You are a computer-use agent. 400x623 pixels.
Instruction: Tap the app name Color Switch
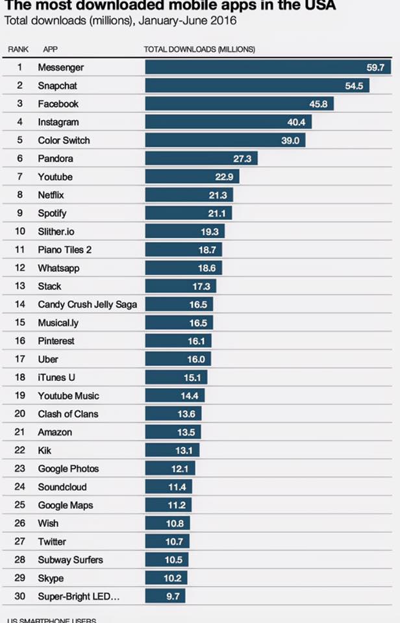64,140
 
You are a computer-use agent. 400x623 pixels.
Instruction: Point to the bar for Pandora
202,158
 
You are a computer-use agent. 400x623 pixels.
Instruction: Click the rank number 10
19,232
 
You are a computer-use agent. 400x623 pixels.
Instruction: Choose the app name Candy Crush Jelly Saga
87,304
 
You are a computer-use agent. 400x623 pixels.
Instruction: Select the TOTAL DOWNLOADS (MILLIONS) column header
199,49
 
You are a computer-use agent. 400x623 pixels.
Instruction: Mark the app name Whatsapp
60,268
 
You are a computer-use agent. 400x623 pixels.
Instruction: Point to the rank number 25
19,505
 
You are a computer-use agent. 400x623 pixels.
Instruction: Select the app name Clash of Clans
68,413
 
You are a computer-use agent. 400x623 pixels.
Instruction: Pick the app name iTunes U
56,377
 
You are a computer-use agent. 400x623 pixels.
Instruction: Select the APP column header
50,49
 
